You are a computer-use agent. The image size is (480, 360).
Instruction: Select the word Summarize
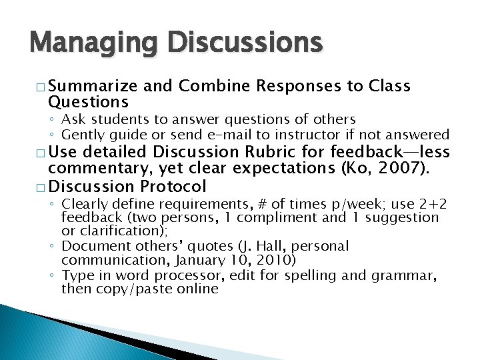pos(93,86)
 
